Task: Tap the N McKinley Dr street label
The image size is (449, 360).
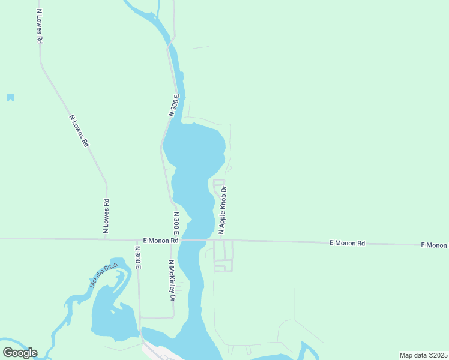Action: point(171,280)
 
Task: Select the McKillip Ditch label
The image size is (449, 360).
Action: point(104,276)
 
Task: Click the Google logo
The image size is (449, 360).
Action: point(20,352)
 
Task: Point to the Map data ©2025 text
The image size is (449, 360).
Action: point(423,355)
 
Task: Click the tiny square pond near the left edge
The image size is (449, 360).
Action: point(10,97)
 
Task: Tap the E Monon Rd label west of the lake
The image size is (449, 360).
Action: point(161,241)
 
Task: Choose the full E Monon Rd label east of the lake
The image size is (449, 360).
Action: point(347,243)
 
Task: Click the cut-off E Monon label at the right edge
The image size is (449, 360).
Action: point(434,245)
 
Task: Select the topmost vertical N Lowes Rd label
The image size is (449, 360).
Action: point(39,26)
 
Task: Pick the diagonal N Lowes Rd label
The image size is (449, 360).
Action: point(79,131)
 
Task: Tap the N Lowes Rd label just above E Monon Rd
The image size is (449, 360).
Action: point(106,215)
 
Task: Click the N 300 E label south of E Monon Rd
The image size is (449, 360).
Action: point(137,257)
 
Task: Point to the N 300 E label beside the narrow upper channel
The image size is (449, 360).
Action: point(174,105)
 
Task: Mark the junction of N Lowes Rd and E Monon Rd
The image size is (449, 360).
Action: point(106,239)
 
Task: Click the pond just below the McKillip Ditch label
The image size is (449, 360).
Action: point(111,315)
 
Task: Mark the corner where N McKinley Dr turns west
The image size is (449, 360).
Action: point(173,317)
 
